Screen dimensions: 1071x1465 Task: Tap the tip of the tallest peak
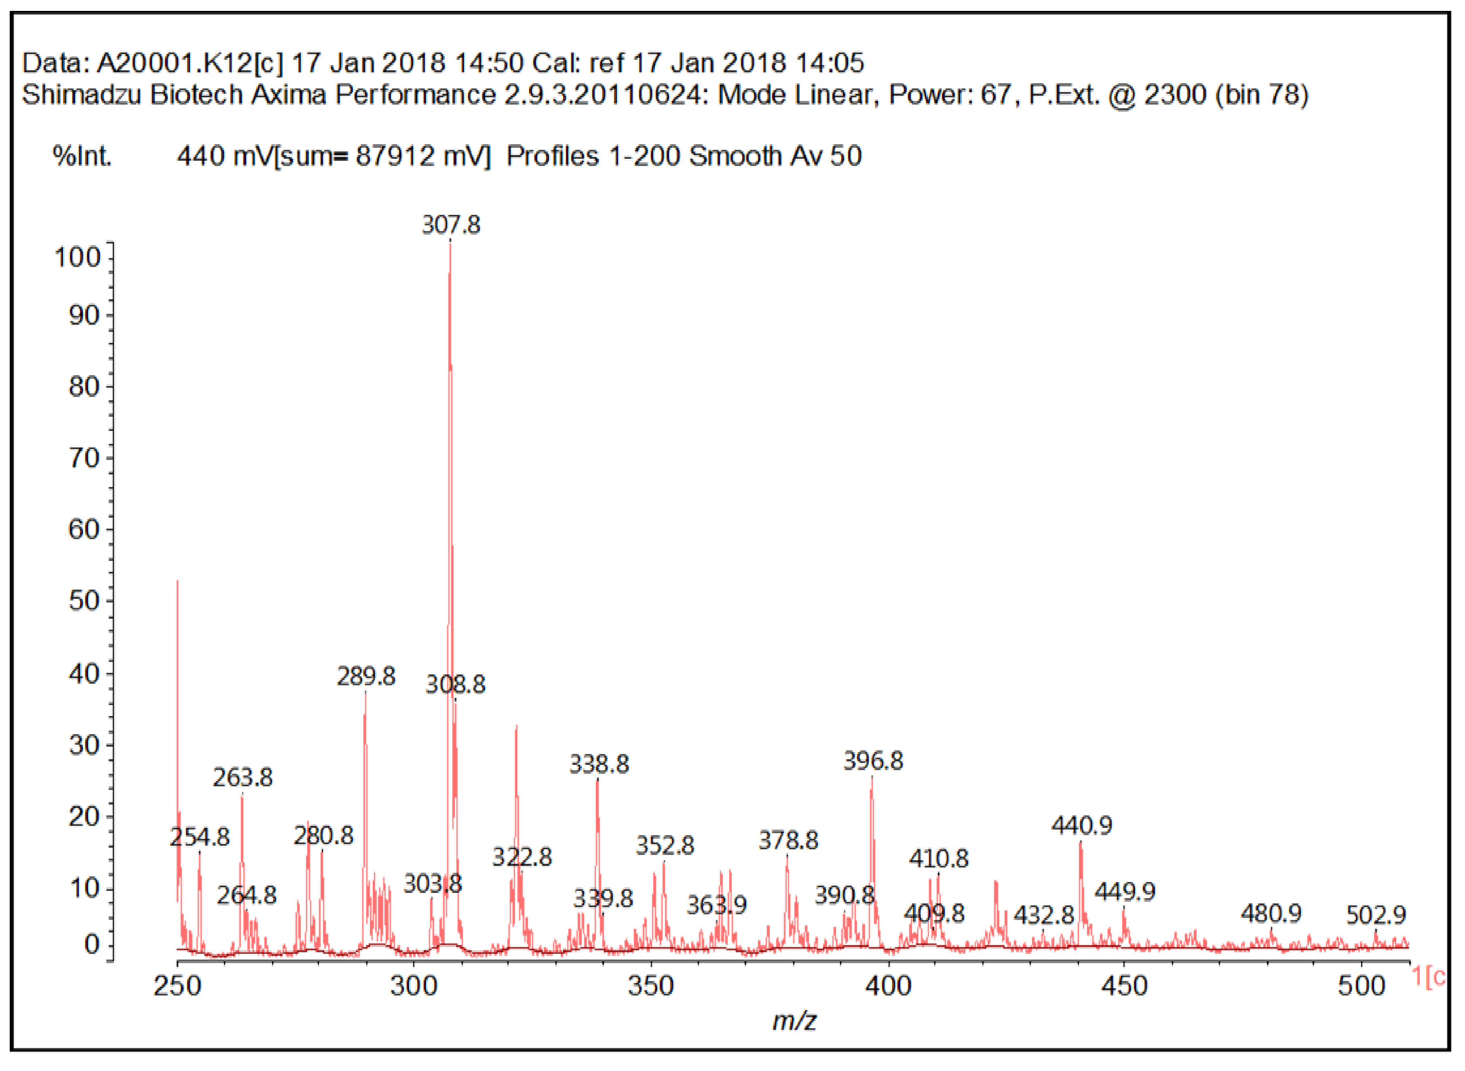coord(450,243)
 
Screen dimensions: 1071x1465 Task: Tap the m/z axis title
coord(794,1021)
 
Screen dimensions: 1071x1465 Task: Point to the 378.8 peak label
coord(788,841)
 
